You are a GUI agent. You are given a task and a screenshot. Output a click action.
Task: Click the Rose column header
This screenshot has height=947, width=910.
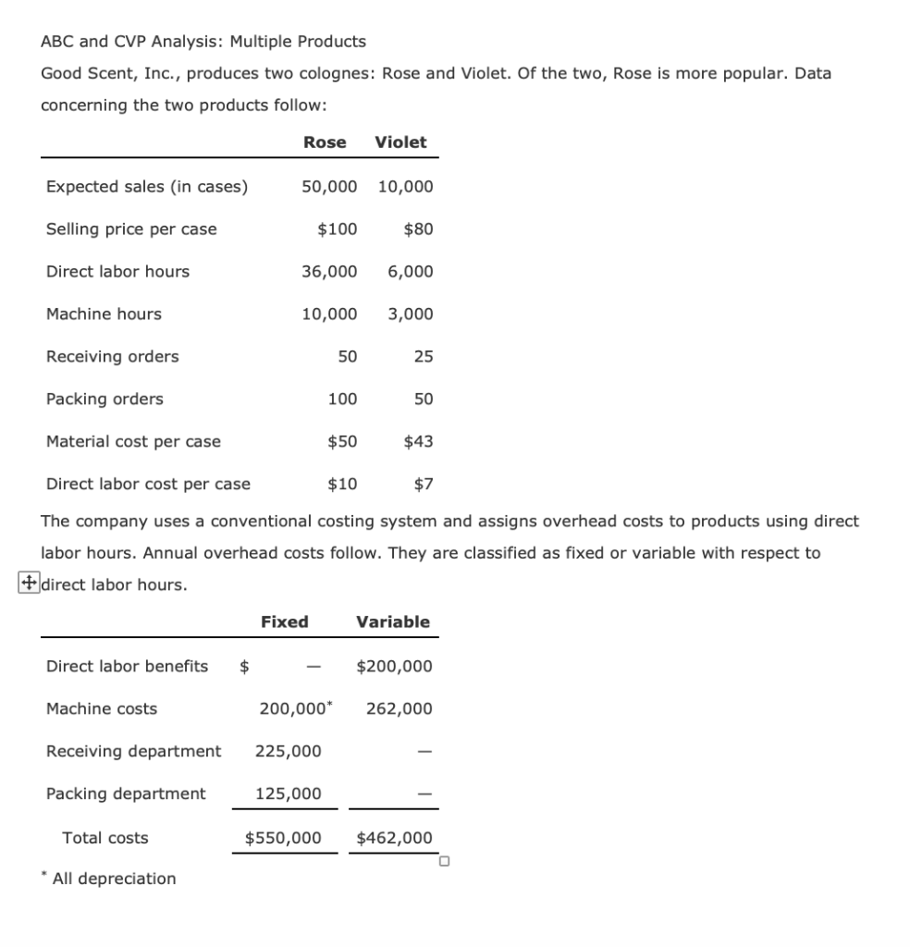pyautogui.click(x=325, y=142)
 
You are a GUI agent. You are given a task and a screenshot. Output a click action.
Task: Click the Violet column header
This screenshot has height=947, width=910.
pyautogui.click(x=400, y=142)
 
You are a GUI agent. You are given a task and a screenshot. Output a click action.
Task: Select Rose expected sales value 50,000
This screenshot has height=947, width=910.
pyautogui.click(x=329, y=187)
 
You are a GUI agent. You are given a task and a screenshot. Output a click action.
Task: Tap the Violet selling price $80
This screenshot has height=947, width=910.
pyautogui.click(x=418, y=229)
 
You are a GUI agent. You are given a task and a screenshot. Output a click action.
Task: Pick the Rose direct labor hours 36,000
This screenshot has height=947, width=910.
pyautogui.click(x=329, y=272)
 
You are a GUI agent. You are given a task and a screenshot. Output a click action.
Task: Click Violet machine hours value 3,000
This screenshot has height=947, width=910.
pyautogui.click(x=410, y=314)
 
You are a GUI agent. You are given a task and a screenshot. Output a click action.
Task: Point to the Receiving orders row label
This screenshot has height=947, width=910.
pyautogui.click(x=113, y=357)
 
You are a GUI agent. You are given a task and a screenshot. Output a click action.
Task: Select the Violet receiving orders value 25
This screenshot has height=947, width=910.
pyautogui.click(x=423, y=357)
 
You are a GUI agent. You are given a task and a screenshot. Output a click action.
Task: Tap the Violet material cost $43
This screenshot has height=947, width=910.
pyautogui.click(x=418, y=442)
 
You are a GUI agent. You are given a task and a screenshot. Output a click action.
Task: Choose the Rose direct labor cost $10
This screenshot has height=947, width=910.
pyautogui.click(x=342, y=485)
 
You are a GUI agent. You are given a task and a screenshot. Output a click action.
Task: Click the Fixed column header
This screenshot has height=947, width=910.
pyautogui.click(x=285, y=622)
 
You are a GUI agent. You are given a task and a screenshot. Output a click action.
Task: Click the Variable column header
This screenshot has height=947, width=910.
pyautogui.click(x=393, y=622)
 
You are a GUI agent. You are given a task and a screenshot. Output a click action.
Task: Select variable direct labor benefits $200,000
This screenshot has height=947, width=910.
pyautogui.click(x=394, y=667)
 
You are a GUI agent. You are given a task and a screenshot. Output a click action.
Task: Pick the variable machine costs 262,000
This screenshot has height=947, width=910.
pyautogui.click(x=399, y=709)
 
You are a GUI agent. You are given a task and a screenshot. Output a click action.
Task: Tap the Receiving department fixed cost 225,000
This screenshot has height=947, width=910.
pyautogui.click(x=289, y=752)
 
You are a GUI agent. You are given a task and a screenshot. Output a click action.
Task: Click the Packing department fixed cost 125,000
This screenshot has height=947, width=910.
pyautogui.click(x=289, y=794)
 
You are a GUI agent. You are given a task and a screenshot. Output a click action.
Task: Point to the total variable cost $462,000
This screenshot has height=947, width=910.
pyautogui.click(x=394, y=839)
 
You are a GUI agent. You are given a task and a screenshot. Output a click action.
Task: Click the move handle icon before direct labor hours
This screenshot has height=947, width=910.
pyautogui.click(x=29, y=584)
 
